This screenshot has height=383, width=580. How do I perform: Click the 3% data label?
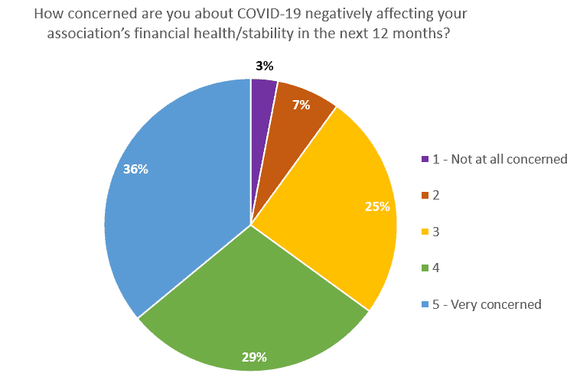click(x=265, y=67)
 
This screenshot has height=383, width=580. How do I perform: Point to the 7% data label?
click(x=301, y=105)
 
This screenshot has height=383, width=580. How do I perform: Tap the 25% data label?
click(x=377, y=206)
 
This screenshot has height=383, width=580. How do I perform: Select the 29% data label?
click(x=254, y=357)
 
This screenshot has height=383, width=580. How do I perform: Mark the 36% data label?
click(x=135, y=169)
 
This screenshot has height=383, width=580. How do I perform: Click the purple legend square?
click(x=425, y=159)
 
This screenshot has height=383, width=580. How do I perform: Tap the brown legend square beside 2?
click(x=425, y=195)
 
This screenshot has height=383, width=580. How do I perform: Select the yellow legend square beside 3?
click(x=425, y=232)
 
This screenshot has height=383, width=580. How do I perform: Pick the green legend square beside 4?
click(x=425, y=268)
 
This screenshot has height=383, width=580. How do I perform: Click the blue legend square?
click(x=425, y=304)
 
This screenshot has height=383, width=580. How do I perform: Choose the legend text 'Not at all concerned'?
click(x=509, y=159)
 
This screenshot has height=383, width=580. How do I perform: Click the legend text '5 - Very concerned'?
click(x=487, y=304)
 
